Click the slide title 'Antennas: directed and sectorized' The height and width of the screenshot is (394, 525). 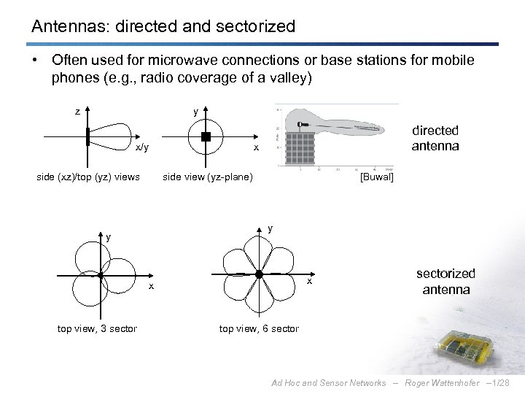163,27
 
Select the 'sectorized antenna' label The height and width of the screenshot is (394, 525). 445,281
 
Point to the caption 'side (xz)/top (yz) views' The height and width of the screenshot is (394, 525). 88,177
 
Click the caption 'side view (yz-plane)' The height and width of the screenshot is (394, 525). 208,177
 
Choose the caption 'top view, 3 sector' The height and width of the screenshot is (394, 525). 97,329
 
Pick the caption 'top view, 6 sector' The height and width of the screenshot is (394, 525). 259,329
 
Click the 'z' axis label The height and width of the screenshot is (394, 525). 77,112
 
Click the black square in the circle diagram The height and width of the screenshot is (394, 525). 206,137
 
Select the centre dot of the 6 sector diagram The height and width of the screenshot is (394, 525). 259,274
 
